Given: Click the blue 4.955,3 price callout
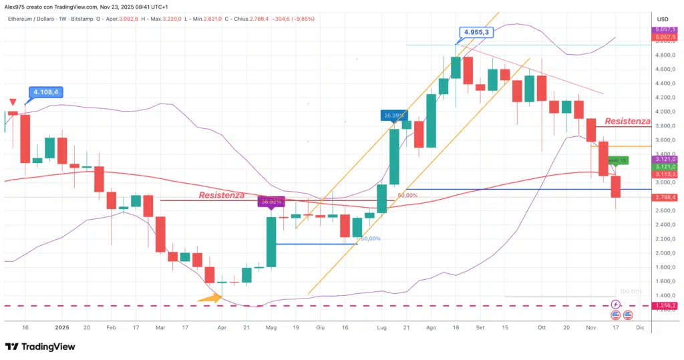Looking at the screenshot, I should [x=478, y=31].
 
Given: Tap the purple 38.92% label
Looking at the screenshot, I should [x=271, y=200].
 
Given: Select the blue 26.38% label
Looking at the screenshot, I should [x=393, y=115].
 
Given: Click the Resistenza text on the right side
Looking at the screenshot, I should [x=627, y=121].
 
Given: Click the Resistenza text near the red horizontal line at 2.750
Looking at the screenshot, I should [x=222, y=195].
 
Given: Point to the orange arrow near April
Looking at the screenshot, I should [x=209, y=299].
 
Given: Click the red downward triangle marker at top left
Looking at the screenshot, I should [x=13, y=102].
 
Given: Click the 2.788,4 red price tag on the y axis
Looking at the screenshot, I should [x=665, y=198].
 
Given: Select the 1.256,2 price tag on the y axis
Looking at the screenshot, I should [x=665, y=307].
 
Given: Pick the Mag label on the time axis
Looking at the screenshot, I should [x=271, y=327].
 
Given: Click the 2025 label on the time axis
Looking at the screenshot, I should [x=61, y=327].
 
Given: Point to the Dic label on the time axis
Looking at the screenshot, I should [x=639, y=327].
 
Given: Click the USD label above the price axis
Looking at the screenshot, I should [x=663, y=19].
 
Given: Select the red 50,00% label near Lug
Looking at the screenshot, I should [x=407, y=196].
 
